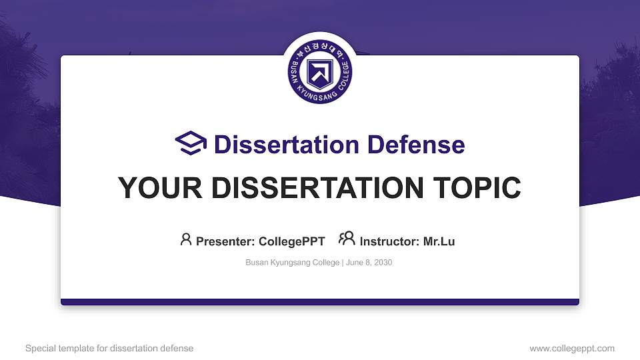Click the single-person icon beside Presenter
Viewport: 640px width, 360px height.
186,239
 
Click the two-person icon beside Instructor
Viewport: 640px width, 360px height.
347,239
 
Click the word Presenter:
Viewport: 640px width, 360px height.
225,241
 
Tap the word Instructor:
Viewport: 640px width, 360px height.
390,241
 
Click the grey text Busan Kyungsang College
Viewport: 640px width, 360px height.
293,263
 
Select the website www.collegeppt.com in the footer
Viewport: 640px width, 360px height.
572,349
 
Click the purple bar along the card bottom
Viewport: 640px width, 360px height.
320,302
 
